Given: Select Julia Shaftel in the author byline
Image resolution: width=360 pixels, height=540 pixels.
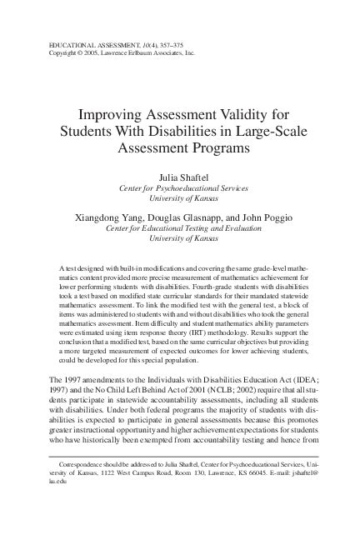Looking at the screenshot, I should click(x=180, y=177).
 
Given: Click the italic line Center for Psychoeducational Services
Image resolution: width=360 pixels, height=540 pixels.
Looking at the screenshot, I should click(x=180, y=189).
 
